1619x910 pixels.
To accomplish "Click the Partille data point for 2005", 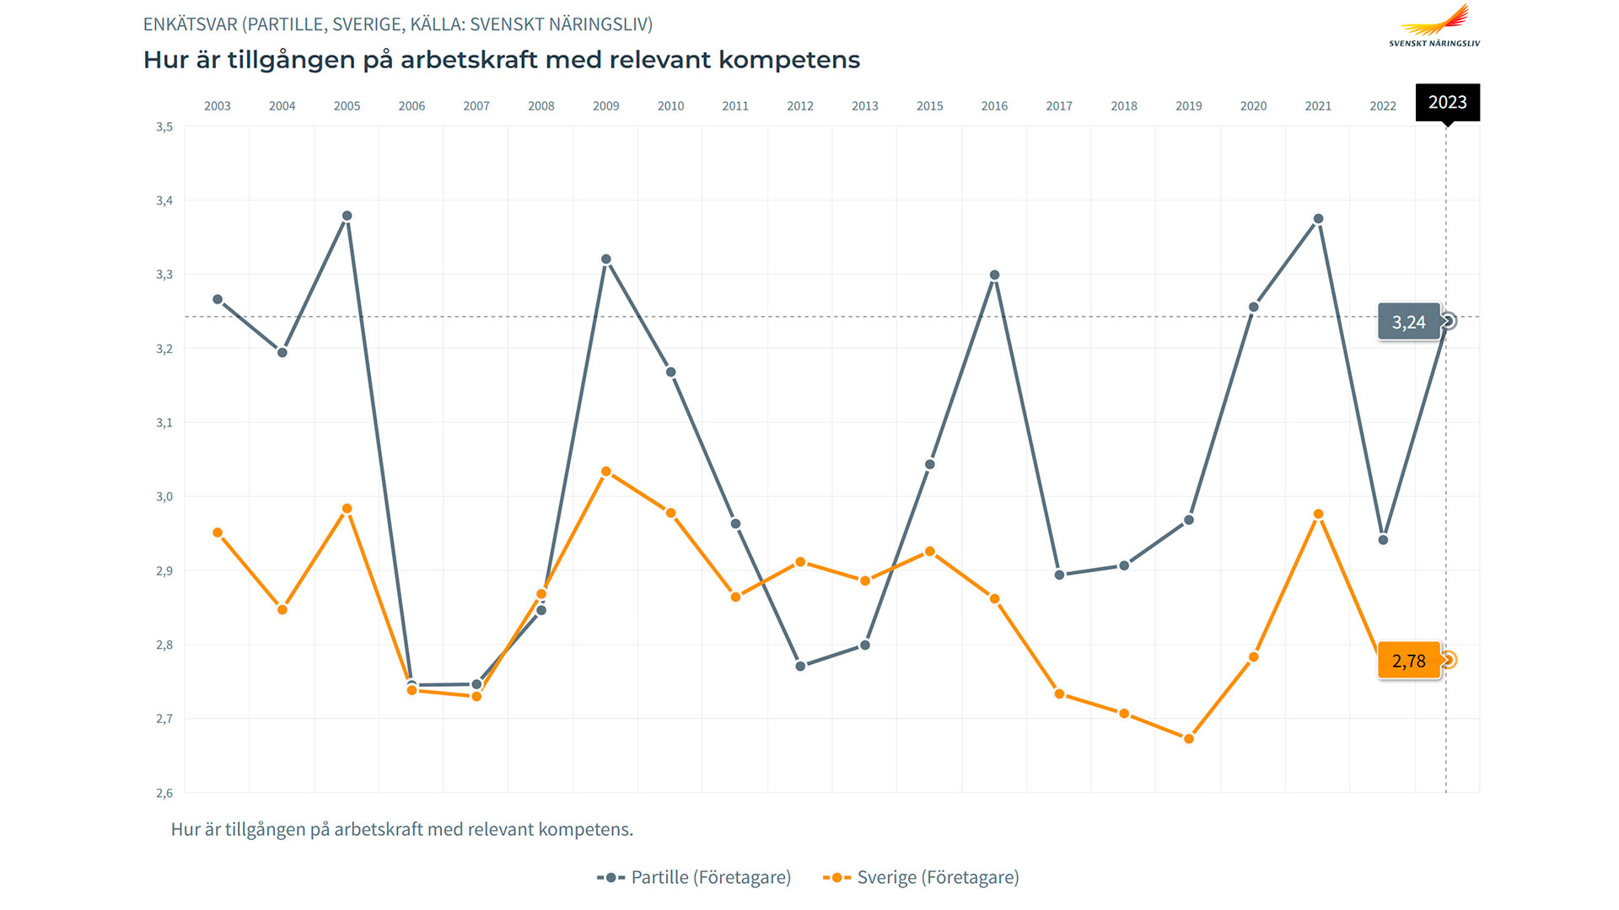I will (x=347, y=217).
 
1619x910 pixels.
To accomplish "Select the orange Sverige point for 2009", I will (x=606, y=472).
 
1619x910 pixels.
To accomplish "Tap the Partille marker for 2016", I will (x=995, y=276).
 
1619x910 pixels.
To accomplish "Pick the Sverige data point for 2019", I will (x=1189, y=739).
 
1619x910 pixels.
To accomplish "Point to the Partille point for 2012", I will (x=800, y=666).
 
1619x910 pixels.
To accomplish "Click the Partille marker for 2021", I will (x=1319, y=219).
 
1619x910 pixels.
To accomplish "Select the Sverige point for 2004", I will (x=282, y=609).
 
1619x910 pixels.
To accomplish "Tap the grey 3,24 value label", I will (x=1408, y=322).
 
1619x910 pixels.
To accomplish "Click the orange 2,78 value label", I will (x=1408, y=661).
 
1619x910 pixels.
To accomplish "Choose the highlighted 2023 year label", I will (x=1447, y=102).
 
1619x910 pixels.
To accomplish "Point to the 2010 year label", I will (x=670, y=106).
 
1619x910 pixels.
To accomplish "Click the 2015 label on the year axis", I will (x=929, y=106).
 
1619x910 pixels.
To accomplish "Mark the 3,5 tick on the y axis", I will (x=164, y=127).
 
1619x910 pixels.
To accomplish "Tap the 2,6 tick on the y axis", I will (x=164, y=793).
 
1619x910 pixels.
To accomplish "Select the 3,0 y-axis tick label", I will (x=164, y=497).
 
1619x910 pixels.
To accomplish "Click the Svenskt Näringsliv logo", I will (x=1434, y=25).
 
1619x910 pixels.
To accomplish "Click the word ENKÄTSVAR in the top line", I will (x=190, y=24).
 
